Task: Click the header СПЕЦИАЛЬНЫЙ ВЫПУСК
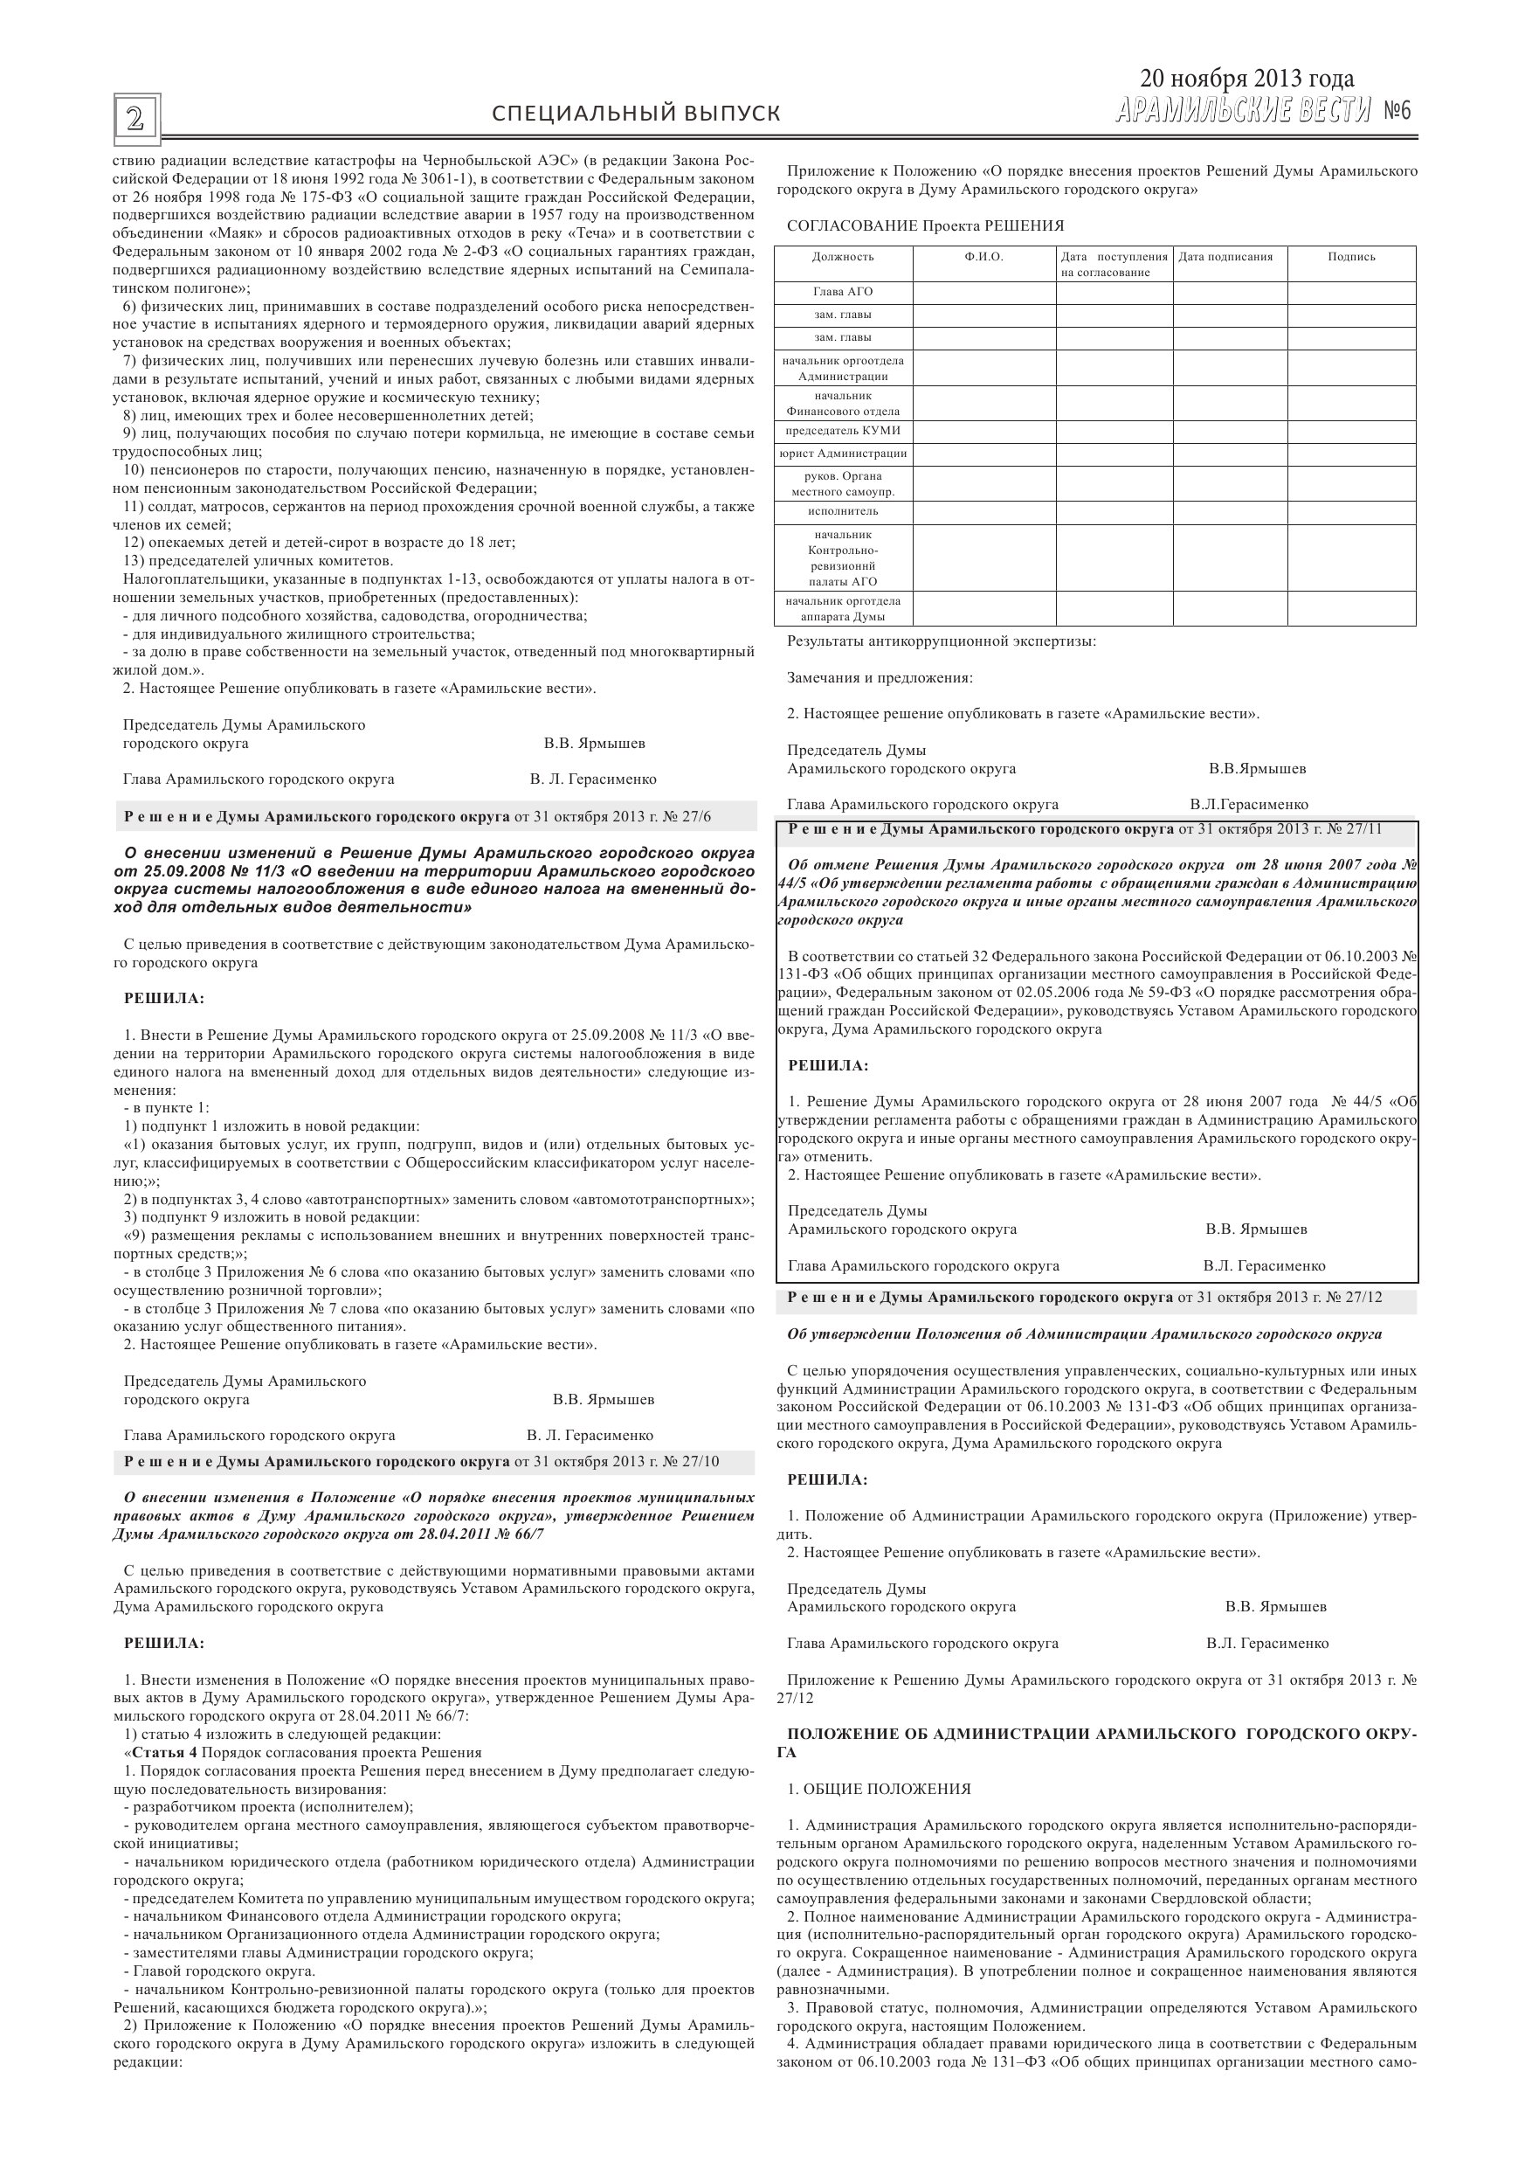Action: (x=636, y=114)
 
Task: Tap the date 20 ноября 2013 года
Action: (x=1246, y=79)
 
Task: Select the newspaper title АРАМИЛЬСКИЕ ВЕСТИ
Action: (x=1242, y=112)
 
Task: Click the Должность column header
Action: (x=843, y=257)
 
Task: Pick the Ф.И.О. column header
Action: (x=983, y=257)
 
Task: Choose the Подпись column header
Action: (x=1351, y=257)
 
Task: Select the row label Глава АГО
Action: (x=843, y=292)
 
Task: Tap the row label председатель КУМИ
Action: (x=843, y=431)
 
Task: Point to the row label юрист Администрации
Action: (x=843, y=454)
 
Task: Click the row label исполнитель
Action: (x=843, y=512)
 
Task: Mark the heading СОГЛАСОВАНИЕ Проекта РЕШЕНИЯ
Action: (x=925, y=225)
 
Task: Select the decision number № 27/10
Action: (x=694, y=1462)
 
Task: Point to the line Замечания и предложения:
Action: (x=880, y=677)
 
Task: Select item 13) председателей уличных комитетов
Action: (x=245, y=561)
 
